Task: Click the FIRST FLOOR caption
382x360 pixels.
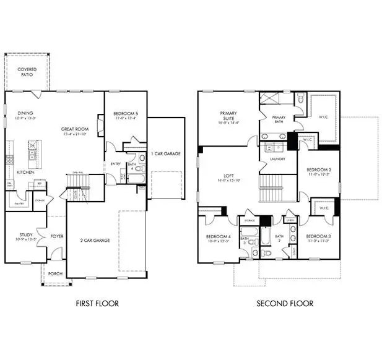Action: click(x=97, y=303)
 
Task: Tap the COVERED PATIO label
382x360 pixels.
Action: click(x=27, y=72)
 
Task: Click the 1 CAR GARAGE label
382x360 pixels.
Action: click(x=165, y=153)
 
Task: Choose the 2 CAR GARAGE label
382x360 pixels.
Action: click(x=95, y=240)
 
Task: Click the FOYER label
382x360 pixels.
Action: click(x=57, y=236)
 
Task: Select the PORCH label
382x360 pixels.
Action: click(x=56, y=273)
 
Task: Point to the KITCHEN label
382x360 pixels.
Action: click(x=25, y=172)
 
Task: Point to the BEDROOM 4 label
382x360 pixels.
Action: click(x=218, y=238)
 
